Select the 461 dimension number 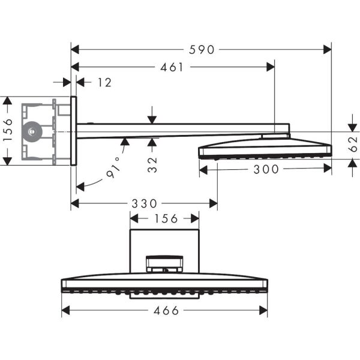tap(172, 67)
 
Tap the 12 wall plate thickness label tap(104, 82)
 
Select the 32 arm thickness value tap(152, 163)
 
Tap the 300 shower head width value tap(267, 169)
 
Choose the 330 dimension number tap(145, 204)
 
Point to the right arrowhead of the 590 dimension tap(328, 50)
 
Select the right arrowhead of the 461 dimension tap(271, 67)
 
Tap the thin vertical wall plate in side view tap(73, 130)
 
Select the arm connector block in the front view tap(164, 264)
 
